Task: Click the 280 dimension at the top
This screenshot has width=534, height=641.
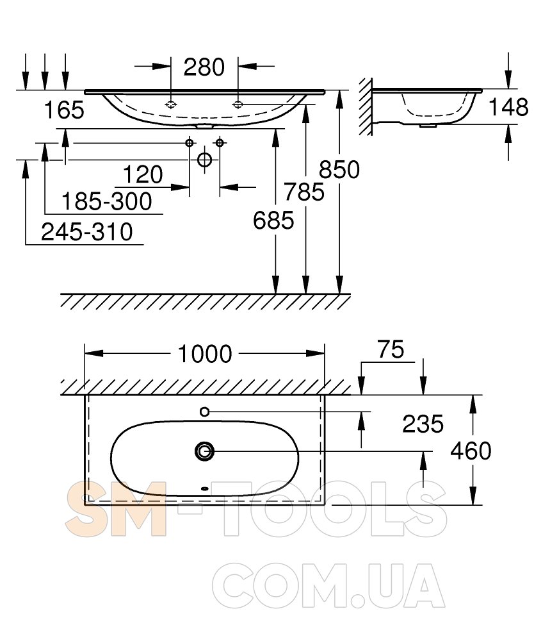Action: coord(204,67)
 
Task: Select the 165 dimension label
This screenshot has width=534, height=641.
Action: coord(64,110)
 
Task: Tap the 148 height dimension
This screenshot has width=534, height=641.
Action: coord(508,108)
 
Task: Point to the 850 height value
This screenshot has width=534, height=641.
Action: coord(339,169)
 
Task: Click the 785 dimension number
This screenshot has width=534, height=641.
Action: coord(304,192)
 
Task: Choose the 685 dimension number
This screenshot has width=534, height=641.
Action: coord(273,221)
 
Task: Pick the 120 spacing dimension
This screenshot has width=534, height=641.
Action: coord(143,174)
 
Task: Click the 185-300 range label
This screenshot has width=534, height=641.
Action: coord(107,201)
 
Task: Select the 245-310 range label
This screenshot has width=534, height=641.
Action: coord(87,232)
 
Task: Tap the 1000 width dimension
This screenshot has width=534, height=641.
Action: coord(205,354)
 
